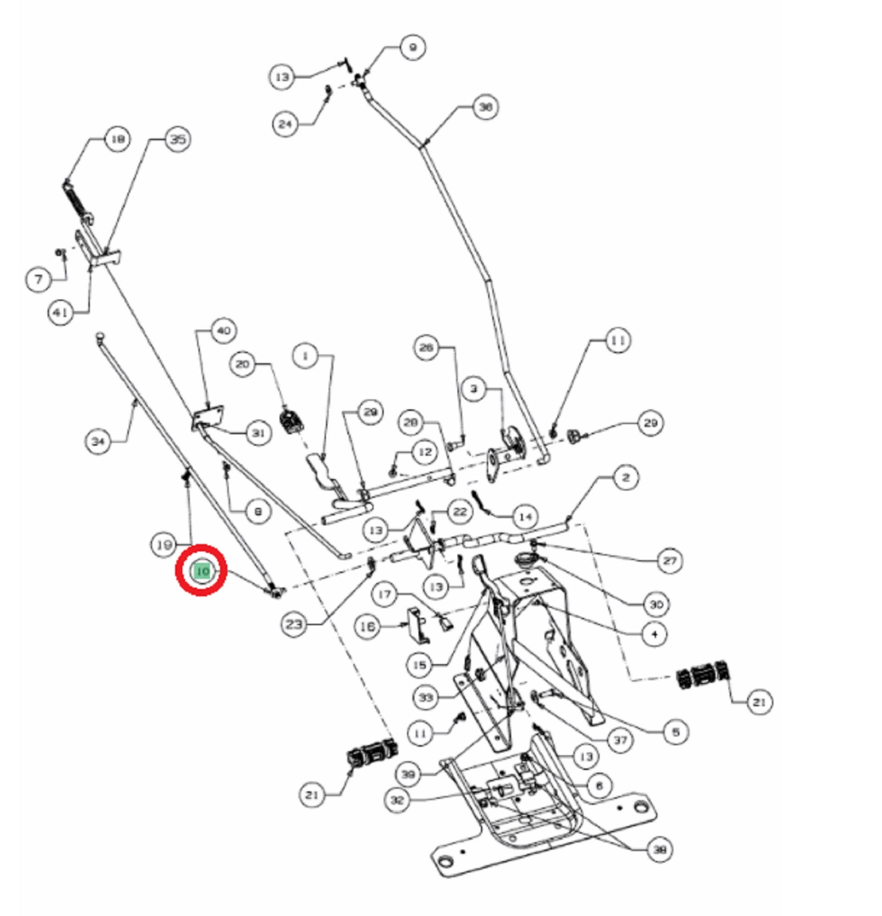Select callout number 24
(285, 124)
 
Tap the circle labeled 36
(485, 107)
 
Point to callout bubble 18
(117, 139)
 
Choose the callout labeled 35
(178, 139)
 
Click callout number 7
(39, 279)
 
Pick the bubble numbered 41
(61, 312)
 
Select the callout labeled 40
(224, 330)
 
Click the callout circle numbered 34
(98, 441)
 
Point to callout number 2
(626, 478)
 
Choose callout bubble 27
(670, 560)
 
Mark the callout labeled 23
(294, 624)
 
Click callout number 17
(385, 594)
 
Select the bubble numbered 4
(654, 634)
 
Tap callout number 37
(620, 740)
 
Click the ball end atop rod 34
(99, 336)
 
